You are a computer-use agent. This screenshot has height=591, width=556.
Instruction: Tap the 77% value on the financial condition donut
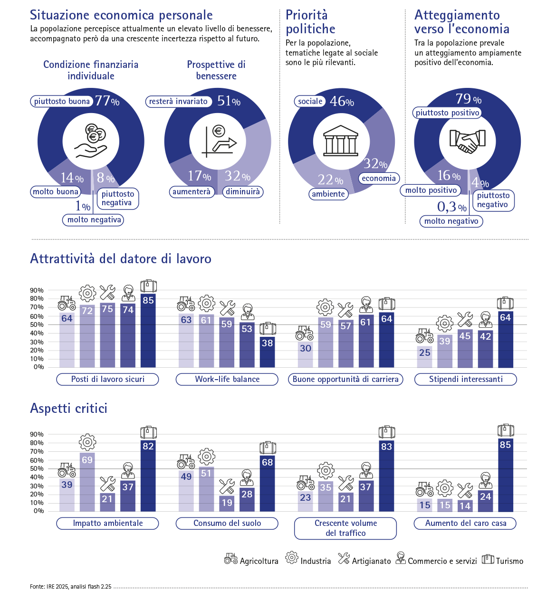(x=107, y=101)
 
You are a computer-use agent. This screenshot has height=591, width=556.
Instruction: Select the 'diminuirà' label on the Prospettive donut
(x=243, y=192)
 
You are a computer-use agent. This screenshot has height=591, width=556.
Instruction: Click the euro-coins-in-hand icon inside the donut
(x=91, y=141)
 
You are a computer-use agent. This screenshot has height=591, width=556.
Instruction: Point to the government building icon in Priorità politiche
(x=341, y=141)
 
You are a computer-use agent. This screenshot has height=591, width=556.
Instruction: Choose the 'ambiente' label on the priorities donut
(x=328, y=194)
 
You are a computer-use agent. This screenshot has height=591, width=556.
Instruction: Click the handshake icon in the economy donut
(x=467, y=141)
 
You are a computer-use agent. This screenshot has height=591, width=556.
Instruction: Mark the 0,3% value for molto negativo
(x=451, y=207)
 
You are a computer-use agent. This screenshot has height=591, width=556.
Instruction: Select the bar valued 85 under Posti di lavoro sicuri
(x=148, y=331)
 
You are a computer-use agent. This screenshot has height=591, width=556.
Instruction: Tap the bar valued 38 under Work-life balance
(x=268, y=352)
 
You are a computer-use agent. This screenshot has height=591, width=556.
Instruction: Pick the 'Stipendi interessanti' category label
(x=466, y=379)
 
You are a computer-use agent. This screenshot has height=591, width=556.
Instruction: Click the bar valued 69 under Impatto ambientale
(x=87, y=482)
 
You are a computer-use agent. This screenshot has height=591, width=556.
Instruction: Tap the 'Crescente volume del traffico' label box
(x=345, y=528)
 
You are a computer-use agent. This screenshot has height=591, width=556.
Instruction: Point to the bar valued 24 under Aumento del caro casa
(x=485, y=501)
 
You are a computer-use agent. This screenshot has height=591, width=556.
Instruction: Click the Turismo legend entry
(x=503, y=561)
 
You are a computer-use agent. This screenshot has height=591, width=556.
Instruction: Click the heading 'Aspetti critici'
(x=69, y=409)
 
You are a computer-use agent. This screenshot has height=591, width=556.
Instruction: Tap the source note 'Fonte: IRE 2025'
(x=70, y=587)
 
